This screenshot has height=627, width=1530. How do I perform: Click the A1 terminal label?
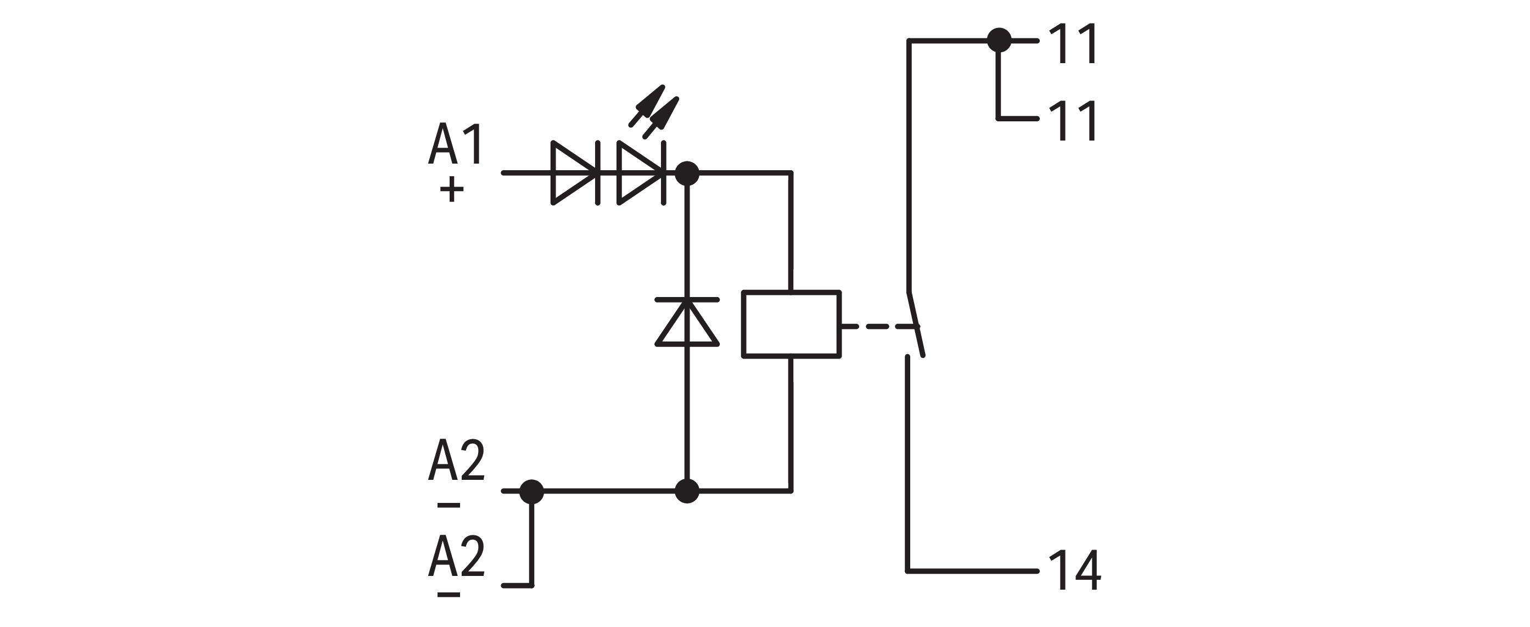click(456, 144)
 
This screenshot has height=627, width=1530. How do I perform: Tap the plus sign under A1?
click(451, 190)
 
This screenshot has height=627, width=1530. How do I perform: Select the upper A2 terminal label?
click(456, 460)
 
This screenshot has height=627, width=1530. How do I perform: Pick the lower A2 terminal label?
click(456, 556)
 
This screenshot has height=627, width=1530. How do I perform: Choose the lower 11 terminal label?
click(1073, 121)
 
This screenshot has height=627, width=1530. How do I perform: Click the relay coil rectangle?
click(791, 324)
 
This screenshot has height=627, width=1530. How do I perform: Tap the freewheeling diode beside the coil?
click(687, 322)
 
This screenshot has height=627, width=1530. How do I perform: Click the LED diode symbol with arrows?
click(640, 173)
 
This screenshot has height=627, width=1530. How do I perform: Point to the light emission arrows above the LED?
click(653, 113)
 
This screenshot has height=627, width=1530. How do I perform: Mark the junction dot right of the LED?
click(687, 173)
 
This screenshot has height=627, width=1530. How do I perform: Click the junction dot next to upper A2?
click(531, 491)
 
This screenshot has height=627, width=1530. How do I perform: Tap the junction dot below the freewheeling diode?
click(687, 491)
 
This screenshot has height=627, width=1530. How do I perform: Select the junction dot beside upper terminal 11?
click(999, 41)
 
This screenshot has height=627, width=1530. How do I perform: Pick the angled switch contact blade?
click(915, 324)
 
